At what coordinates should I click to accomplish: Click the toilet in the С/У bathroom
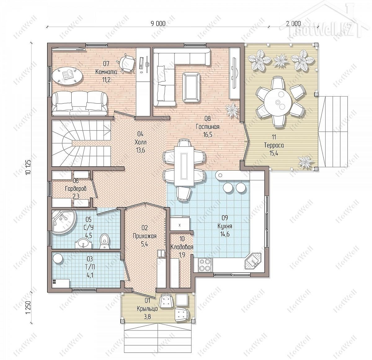pos(105,241)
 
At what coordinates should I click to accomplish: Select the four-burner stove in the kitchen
pos(206,265)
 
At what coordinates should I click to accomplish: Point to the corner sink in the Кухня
pos(253,261)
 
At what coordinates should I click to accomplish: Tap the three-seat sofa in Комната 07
pos(80,103)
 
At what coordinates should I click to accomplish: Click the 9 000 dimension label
pos(158,24)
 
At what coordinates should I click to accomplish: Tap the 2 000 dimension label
pos(293,24)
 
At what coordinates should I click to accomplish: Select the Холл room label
pos(140,142)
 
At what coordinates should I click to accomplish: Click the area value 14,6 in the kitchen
pos(225,234)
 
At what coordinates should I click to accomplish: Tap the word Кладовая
pos(182,247)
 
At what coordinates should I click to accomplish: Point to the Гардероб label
pos(76,189)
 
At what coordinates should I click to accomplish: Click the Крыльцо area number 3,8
pos(147,317)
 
